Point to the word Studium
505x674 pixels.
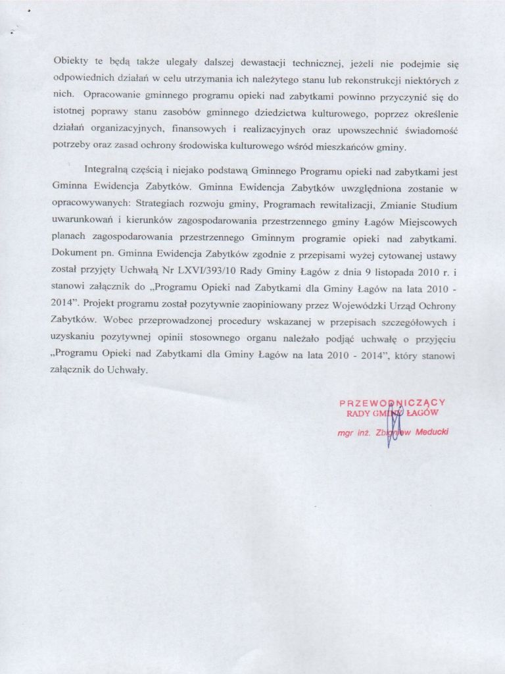[x=437, y=205]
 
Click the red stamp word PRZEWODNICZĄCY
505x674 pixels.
[x=393, y=402]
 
